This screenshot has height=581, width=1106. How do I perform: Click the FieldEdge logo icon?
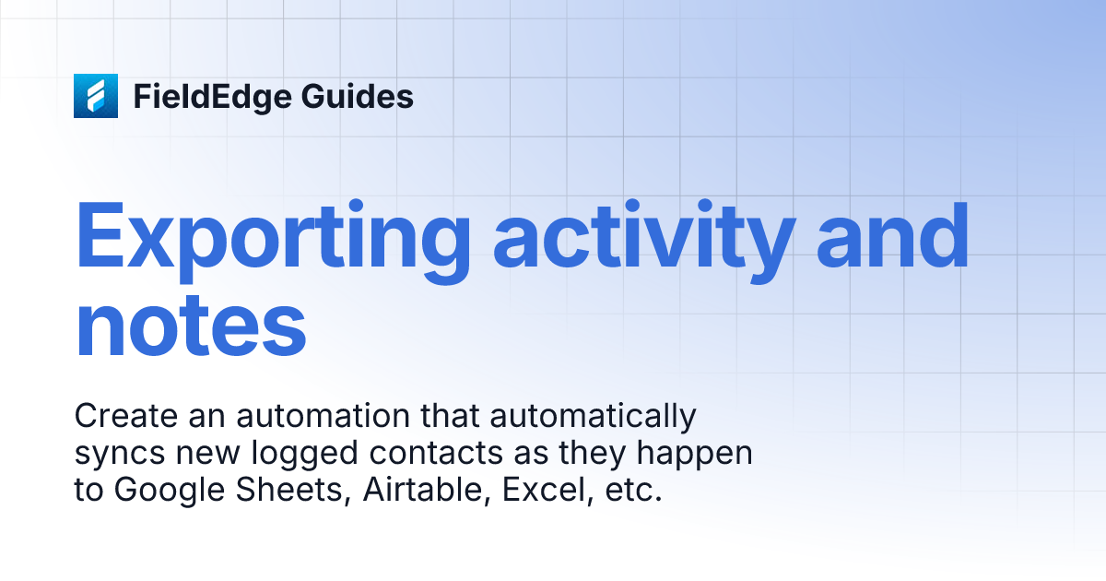coord(96,96)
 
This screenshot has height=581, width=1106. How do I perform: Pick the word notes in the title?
coord(191,326)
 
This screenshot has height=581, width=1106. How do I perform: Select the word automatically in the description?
coord(593,418)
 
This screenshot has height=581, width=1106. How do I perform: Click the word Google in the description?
coord(172,491)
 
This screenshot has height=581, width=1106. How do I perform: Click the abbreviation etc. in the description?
coord(631,491)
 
